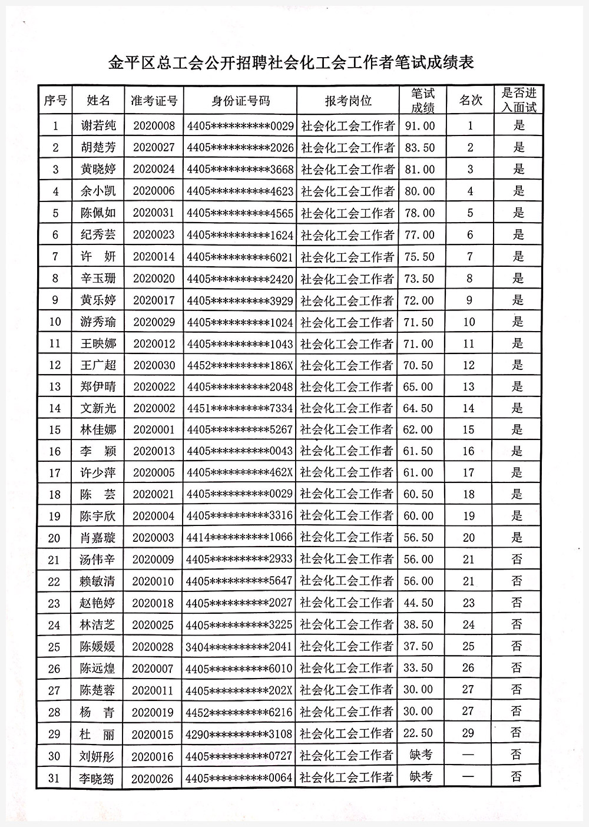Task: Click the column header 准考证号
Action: pos(154,101)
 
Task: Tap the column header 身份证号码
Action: pos(240,101)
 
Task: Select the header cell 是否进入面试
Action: pos(518,101)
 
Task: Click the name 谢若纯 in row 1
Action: pos(98,125)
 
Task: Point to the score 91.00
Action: pos(419,125)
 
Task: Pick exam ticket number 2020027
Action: pos(154,147)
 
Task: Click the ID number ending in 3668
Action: pos(240,170)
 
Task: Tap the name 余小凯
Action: pos(98,191)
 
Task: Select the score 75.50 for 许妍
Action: pos(419,257)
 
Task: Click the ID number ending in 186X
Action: pos(240,365)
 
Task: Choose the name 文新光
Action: pos(98,408)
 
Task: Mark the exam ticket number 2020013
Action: pos(154,451)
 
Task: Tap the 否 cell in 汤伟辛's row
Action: pos(517,559)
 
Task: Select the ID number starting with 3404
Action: pos(239,646)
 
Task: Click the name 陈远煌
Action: pos(98,668)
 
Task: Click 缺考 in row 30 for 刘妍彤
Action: pos(421,755)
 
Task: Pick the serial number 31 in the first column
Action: pos(54,778)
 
